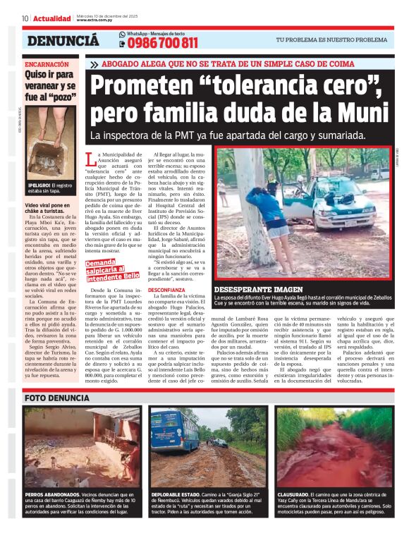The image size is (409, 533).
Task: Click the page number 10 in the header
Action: pos(25,18)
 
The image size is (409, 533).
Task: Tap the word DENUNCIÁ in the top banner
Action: pos(63,41)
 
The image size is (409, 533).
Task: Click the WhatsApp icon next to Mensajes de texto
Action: pos(122,34)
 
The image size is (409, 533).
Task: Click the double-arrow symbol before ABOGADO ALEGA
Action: pos(94,64)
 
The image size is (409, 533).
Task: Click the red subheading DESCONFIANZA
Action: pos(167,290)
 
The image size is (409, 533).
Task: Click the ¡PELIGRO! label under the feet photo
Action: pos(39,185)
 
